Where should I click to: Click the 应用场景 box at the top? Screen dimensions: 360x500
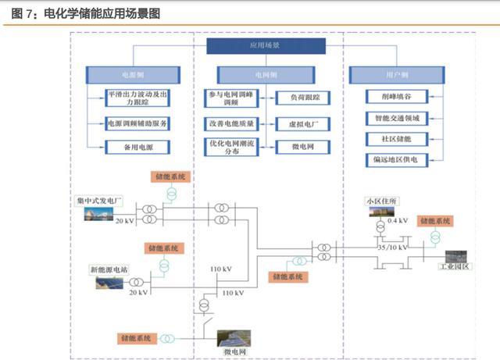pos(265,46)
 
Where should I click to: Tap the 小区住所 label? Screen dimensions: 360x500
pos(381,201)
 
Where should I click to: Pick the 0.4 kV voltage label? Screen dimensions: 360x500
pos(398,221)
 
